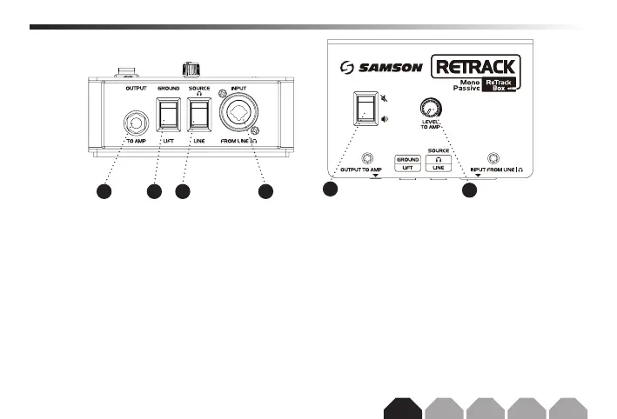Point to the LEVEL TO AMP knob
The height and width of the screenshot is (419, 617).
click(x=427, y=109)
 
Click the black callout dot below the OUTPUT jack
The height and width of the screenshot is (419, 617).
click(x=104, y=191)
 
